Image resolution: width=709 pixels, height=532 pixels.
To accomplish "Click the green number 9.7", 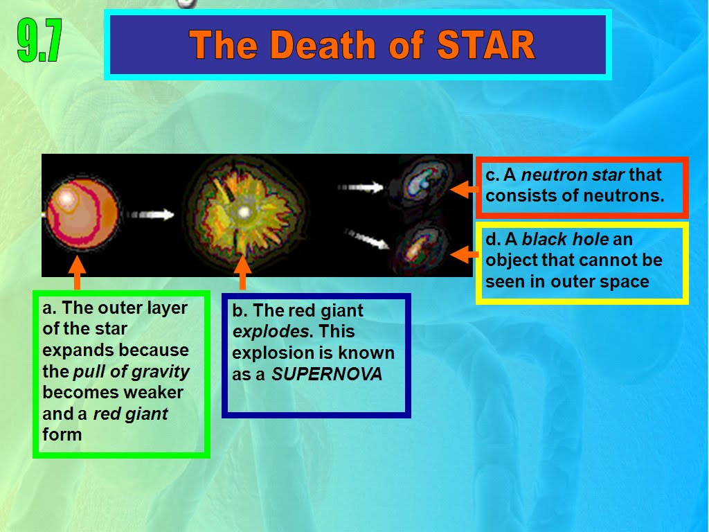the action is tap(39, 41).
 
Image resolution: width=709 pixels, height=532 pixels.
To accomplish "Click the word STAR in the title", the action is tap(486, 45).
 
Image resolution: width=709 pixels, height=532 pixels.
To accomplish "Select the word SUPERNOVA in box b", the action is tap(327, 374).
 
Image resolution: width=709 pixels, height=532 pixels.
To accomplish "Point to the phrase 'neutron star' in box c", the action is tap(573, 175).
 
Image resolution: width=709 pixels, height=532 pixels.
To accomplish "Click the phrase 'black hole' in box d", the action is tap(565, 239).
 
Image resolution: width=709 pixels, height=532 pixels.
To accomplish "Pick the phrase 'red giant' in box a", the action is tap(130, 414).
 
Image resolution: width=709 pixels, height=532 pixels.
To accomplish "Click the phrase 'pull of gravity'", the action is tap(131, 372).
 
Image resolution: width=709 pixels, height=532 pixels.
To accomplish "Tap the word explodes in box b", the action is tap(271, 332).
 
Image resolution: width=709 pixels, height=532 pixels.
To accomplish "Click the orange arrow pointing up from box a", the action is tap(78, 272).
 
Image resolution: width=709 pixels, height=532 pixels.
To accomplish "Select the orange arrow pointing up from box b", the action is tap(242, 272).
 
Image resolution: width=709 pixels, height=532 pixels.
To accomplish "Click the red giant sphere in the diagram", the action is tap(82, 213).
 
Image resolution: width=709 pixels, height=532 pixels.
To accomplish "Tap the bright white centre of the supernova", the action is tap(244, 212).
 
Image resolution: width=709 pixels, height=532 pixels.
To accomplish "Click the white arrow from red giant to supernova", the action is tap(150, 214).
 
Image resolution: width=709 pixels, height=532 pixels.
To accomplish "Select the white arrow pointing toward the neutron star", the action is tap(361, 186).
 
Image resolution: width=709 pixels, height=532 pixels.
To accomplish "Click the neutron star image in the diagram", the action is tap(424, 183).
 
